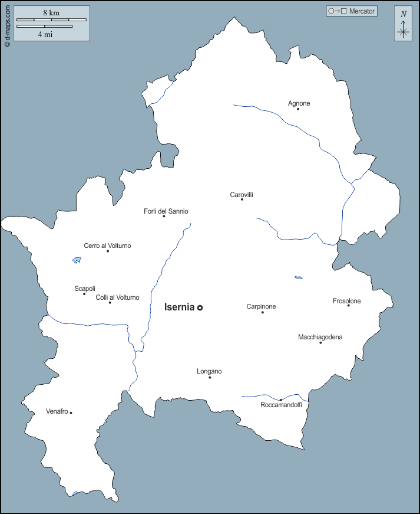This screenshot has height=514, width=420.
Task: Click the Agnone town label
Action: point(299,104)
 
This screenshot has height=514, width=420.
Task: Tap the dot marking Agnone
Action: point(298,109)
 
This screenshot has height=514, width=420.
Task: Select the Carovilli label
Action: point(242,195)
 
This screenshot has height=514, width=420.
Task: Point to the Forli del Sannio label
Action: point(166,211)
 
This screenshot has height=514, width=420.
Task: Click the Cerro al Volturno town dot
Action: point(108,251)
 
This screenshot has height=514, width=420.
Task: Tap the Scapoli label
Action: point(85,289)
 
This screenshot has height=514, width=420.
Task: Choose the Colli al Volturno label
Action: point(118,297)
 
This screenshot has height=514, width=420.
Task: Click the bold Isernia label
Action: point(179,307)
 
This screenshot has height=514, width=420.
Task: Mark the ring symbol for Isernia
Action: point(200,307)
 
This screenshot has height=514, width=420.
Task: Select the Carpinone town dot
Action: point(263,312)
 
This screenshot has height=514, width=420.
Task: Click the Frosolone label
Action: point(347,301)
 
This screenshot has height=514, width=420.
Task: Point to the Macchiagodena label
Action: point(320,337)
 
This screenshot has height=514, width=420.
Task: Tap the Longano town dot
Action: point(210,377)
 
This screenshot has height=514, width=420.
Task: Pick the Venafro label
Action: point(57,411)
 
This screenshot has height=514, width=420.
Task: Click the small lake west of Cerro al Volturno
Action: point(77,260)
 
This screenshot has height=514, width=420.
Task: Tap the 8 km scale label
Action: point(51,12)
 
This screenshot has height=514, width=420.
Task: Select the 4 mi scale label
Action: point(45,34)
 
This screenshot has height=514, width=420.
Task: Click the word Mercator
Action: point(362,11)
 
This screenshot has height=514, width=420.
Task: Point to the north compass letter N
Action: point(404,14)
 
